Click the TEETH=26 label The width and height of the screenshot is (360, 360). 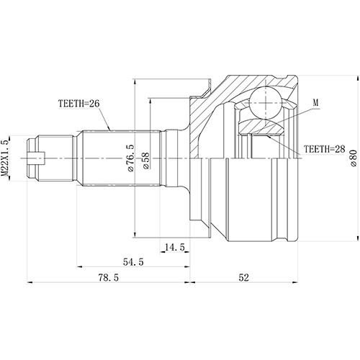tap(78, 104)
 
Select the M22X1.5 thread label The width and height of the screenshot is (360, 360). tap(6, 155)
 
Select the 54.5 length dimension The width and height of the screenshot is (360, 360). tap(130, 262)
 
